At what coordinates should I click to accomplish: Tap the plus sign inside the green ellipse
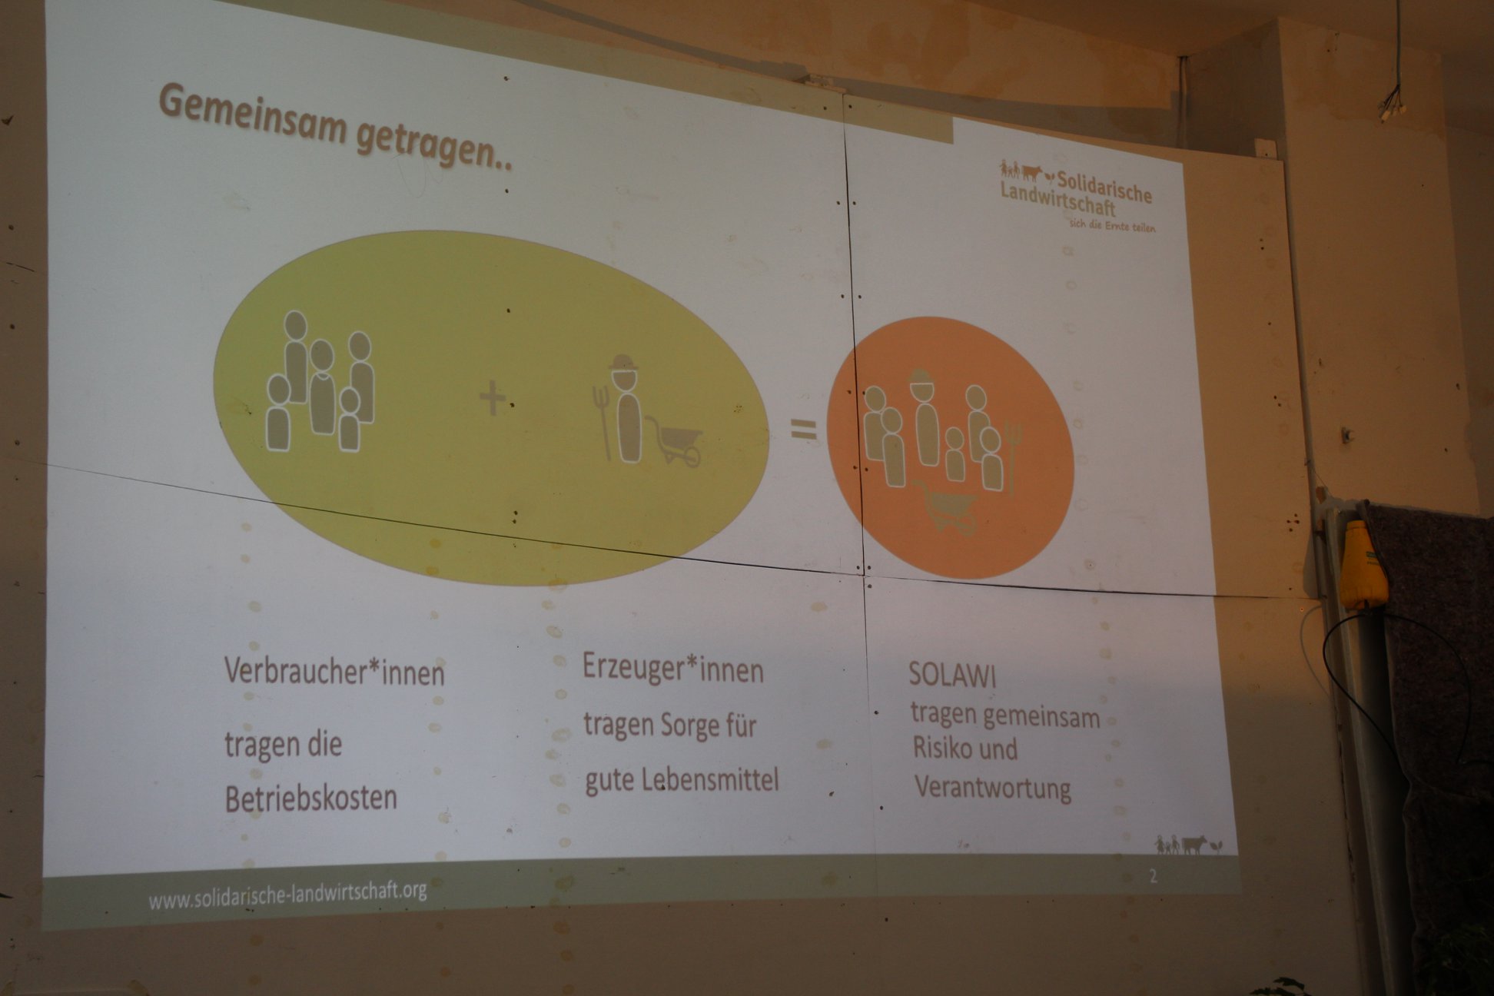pos(493,398)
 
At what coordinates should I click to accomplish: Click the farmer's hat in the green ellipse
pos(623,363)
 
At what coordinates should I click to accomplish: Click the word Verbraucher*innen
pos(334,671)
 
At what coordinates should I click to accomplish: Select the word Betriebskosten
pos(310,798)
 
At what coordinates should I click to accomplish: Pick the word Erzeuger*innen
pos(672,668)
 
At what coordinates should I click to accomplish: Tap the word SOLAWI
pos(952,675)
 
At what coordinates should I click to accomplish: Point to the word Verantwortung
pos(992,788)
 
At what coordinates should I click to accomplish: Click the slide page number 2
pos(1153,875)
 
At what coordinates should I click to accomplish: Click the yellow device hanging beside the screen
pos(1363,565)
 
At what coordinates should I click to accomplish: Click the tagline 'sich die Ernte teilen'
pos(1112,226)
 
